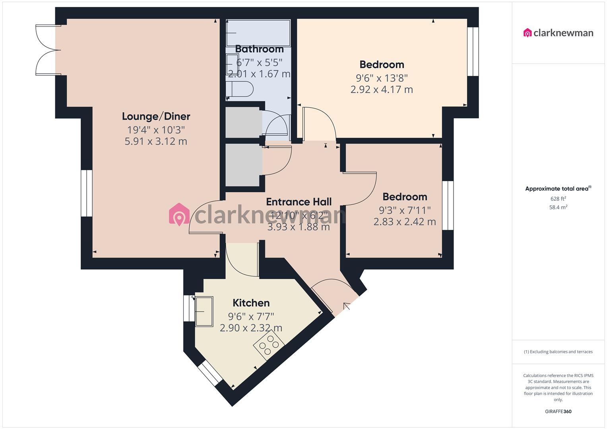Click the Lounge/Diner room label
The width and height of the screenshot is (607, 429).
tap(156, 116)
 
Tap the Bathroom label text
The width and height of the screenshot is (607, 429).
tap(259, 49)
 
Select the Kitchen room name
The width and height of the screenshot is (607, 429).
tap(251, 303)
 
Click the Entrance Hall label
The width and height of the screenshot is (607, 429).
tap(299, 202)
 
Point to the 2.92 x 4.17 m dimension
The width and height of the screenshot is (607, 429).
tap(382, 90)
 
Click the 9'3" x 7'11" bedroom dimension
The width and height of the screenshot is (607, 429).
tap(405, 210)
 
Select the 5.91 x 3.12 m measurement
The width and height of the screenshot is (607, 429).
tap(156, 141)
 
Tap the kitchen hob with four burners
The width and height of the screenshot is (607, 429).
tap(269, 345)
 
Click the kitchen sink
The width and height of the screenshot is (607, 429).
tap(204, 311)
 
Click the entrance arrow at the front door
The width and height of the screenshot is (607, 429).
tap(347, 306)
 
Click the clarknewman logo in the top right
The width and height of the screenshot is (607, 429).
tap(558, 33)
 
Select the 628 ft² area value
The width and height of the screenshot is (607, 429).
tap(558, 199)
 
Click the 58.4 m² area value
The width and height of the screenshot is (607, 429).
tap(558, 207)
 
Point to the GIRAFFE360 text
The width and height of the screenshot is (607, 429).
tap(558, 412)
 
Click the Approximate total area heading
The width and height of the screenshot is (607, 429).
tap(558, 189)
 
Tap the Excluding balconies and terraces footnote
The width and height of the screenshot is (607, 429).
tap(558, 352)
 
